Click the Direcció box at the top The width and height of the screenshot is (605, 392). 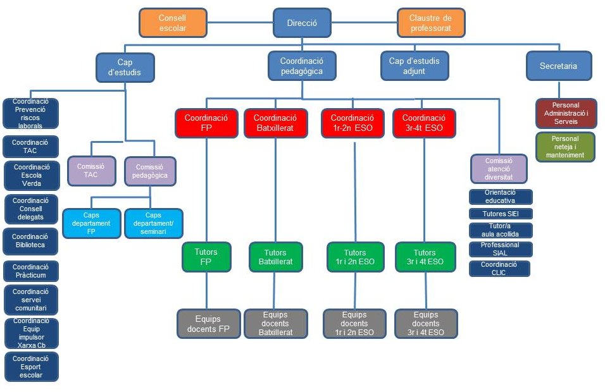tap(302, 23)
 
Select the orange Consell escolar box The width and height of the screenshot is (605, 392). tap(173, 23)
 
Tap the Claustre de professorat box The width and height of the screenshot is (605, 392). tap(431, 23)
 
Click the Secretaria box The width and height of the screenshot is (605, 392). tap(558, 66)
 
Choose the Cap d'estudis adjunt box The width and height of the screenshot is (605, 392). tap(415, 66)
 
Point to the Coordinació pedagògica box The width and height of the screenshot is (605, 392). tap(302, 66)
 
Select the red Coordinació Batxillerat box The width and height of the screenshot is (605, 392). tap(275, 123)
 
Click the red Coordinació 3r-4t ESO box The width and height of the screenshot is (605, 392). tap(424, 123)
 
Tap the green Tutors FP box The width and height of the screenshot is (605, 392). tap(206, 257)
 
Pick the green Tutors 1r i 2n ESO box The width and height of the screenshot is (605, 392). tap(355, 257)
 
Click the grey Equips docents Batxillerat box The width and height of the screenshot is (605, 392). tap(275, 324)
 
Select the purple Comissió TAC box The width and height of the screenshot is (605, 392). tap(92, 171)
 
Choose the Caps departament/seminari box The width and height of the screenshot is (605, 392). tap(153, 224)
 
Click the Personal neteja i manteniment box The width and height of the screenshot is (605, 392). tap(565, 147)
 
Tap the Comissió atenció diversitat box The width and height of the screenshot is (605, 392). tap(499, 169)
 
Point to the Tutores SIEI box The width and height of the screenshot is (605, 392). tap(500, 214)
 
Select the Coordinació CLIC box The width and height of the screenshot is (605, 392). tap(499, 269)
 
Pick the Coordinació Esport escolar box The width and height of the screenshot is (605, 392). tap(31, 367)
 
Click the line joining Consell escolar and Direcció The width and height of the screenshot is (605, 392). tap(240, 23)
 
